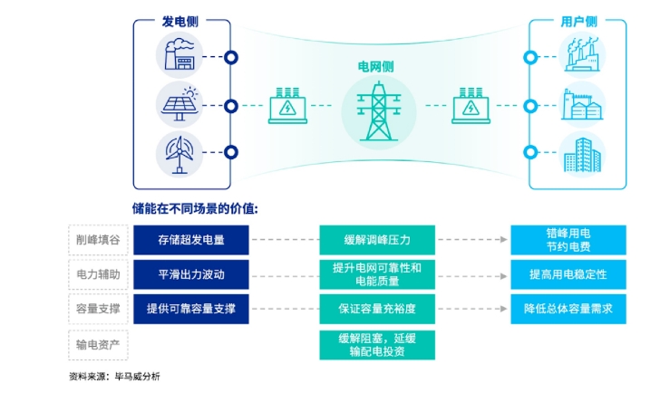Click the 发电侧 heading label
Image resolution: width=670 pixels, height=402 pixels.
click(181, 21)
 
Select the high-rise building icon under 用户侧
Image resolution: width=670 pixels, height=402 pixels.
click(579, 154)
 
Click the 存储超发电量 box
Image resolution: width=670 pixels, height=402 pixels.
click(191, 240)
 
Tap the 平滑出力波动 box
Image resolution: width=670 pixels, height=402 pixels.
click(191, 274)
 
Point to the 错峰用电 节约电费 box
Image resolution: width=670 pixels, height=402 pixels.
click(568, 240)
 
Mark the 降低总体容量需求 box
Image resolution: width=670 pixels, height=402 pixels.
click(568, 309)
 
